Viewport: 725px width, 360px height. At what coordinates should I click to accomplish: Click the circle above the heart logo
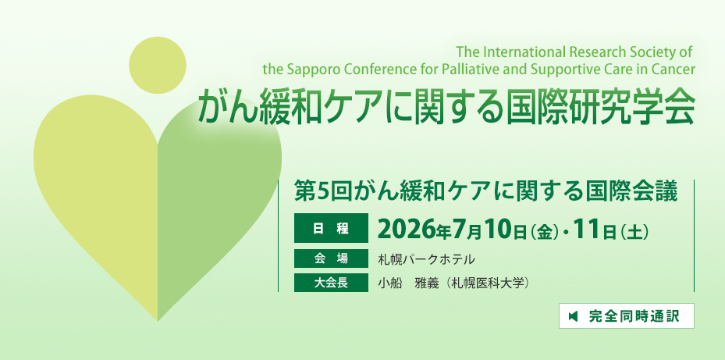157,66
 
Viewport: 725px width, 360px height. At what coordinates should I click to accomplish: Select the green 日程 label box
331,228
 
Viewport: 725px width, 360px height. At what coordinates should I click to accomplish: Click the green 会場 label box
331,258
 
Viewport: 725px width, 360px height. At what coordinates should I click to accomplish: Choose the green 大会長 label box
331,283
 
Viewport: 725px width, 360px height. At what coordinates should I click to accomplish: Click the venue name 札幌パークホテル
426,259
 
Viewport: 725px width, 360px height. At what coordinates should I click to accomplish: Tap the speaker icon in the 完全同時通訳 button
574,316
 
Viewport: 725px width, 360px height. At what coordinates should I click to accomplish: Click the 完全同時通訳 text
634,316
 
